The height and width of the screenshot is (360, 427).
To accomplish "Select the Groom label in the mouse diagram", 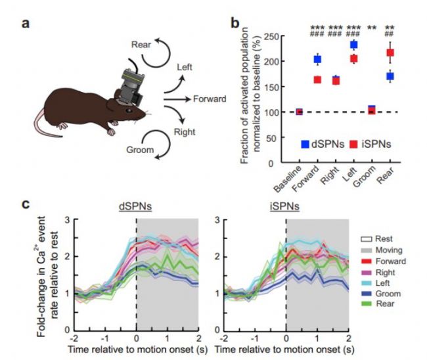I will [x=141, y=150].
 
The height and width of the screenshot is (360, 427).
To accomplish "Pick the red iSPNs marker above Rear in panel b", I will [x=390, y=53].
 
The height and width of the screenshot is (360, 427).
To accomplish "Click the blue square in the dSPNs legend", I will [x=305, y=144].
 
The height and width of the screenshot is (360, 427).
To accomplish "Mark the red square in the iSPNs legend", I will [x=353, y=144].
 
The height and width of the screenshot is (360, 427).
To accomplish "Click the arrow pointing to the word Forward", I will [x=177, y=99].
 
